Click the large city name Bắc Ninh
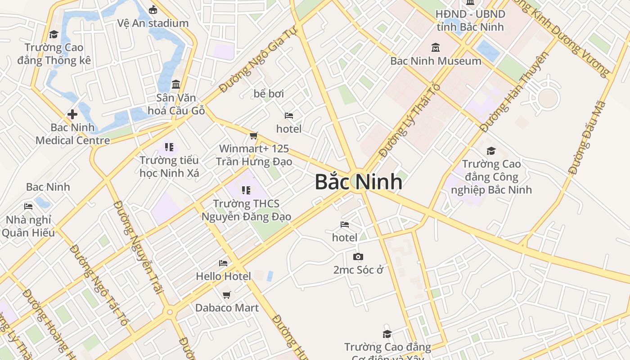358,182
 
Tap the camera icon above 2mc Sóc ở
358,256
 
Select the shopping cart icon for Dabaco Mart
226,295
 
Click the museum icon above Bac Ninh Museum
436,47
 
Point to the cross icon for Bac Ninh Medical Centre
72,114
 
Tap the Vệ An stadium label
153,23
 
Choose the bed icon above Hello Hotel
223,263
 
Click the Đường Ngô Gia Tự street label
259,59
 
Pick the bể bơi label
269,94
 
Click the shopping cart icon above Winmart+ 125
254,135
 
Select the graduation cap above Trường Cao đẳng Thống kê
54,34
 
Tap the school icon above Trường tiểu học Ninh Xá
169,147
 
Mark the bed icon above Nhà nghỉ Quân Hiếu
28,207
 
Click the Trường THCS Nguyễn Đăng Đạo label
246,210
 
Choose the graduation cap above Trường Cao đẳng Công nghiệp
491,151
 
